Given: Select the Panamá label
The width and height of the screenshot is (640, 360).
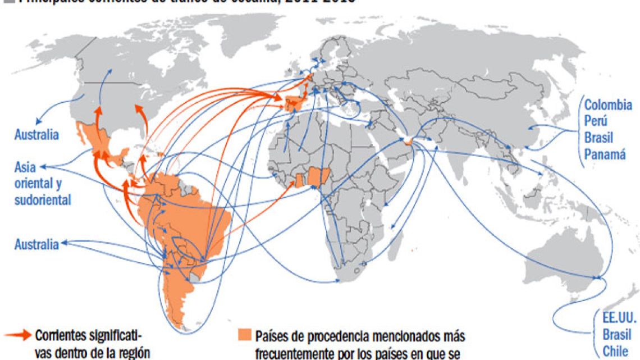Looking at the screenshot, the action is point(604,154).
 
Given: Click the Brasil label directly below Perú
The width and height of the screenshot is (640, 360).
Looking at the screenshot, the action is point(598,138).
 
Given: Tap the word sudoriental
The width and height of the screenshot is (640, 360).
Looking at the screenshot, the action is point(43,200).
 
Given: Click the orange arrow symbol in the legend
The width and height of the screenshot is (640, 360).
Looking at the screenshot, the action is point(16,335).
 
